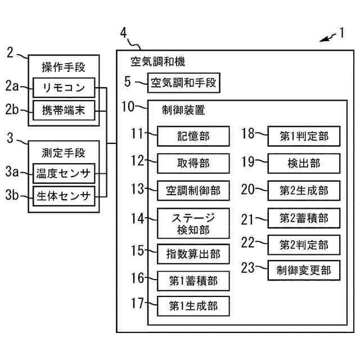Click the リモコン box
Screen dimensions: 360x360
click(x=64, y=88)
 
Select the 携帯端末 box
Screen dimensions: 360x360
click(x=64, y=110)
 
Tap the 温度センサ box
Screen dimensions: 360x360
click(x=64, y=173)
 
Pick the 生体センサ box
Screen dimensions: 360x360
click(x=64, y=196)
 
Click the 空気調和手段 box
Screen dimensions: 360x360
click(x=184, y=83)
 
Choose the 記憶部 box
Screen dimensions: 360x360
click(x=193, y=136)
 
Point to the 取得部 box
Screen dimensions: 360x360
click(x=193, y=163)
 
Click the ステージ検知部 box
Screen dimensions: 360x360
click(x=193, y=223)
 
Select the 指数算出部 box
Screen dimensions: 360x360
click(x=193, y=254)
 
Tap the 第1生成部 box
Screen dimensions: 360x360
click(x=193, y=306)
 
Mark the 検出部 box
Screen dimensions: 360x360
click(x=304, y=163)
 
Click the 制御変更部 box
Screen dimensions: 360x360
click(x=304, y=270)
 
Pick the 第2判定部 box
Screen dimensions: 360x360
click(x=304, y=245)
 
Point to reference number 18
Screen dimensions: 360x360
click(x=248, y=133)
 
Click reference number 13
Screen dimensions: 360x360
click(x=137, y=188)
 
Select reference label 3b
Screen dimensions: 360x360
click(x=12, y=195)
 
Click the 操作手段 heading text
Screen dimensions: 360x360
click(x=64, y=67)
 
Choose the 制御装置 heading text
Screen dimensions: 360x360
click(x=183, y=110)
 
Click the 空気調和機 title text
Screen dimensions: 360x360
click(x=157, y=61)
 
